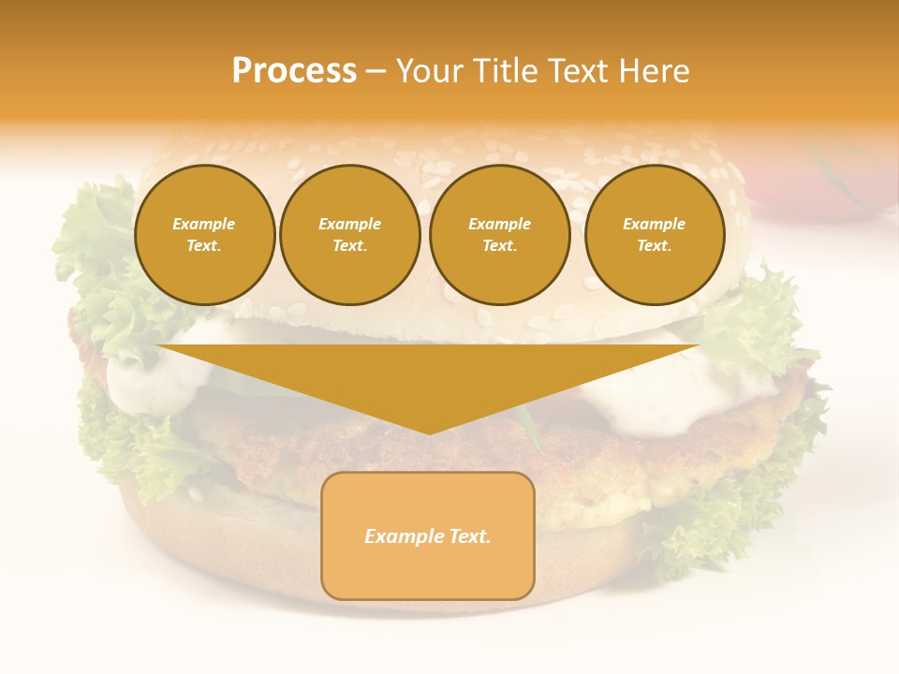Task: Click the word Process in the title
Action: pos(294,71)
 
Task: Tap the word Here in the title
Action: pos(655,71)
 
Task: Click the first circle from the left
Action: pos(204,234)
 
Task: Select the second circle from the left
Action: pos(349,234)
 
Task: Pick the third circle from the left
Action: pos(499,234)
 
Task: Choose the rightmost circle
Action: pos(654,234)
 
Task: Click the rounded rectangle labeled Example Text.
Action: pos(427,535)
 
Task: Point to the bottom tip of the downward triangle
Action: pos(428,432)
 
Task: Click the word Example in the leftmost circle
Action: pos(204,224)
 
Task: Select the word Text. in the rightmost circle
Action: pos(654,245)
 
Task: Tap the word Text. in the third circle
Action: pos(499,245)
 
